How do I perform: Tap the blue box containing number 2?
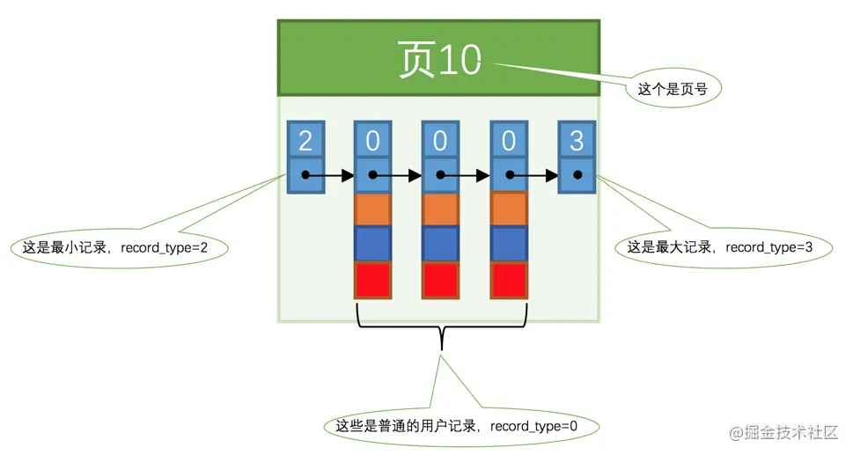coord(305,140)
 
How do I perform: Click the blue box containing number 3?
coord(577,140)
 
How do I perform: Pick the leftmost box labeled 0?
coord(373,140)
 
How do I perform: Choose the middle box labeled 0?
coord(441,140)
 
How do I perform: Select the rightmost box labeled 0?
coord(509,140)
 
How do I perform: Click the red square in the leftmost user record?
coord(373,280)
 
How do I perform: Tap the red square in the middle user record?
coord(441,280)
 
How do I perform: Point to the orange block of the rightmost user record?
coord(509,209)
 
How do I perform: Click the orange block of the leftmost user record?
coord(373,209)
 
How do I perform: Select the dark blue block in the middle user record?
coord(441,244)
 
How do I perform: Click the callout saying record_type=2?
coord(119,248)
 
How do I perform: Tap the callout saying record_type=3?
coord(719,248)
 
